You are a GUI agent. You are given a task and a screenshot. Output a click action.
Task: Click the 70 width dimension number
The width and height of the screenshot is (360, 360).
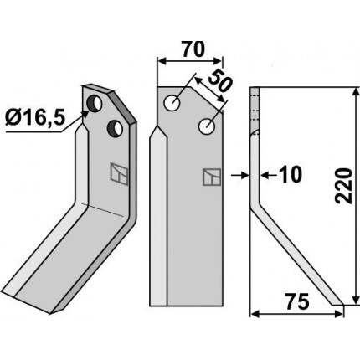193,49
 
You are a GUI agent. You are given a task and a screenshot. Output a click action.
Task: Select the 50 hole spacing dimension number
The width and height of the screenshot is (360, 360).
220,82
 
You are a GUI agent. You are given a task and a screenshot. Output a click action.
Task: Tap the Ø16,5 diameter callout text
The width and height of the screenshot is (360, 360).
35,118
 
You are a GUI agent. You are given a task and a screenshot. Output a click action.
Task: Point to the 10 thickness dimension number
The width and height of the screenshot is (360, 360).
291,175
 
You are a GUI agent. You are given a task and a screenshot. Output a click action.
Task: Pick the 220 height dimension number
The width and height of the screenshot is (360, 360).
343,186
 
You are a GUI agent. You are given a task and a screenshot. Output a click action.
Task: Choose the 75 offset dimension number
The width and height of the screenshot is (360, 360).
297,301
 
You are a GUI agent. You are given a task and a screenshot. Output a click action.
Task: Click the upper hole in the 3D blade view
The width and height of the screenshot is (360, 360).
95,103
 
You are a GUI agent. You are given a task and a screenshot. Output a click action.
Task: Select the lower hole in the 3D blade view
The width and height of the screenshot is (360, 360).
115,128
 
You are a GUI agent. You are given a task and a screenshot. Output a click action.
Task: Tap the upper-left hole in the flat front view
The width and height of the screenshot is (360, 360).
172,103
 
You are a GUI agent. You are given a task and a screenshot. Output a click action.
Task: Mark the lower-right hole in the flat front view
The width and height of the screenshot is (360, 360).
207,126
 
